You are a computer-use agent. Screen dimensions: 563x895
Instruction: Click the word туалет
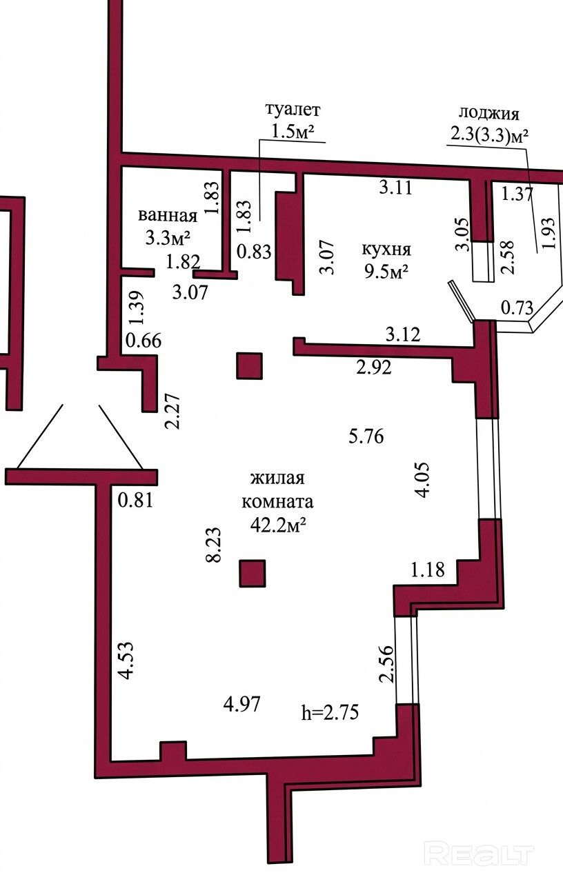click(293, 110)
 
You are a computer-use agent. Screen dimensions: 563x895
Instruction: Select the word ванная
click(168, 215)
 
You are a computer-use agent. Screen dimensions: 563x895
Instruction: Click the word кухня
click(388, 250)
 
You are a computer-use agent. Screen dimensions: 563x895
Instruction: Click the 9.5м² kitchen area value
click(387, 271)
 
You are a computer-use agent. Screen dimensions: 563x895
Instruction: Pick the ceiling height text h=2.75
click(330, 712)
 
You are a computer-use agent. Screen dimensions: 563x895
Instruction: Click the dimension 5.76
click(365, 436)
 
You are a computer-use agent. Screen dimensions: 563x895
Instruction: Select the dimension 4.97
click(241, 705)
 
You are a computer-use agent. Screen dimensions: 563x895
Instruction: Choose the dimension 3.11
click(395, 186)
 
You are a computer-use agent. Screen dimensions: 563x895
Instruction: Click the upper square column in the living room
click(250, 365)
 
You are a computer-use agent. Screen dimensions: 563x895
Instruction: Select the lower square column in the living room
click(253, 573)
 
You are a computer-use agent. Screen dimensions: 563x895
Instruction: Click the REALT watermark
click(480, 853)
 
